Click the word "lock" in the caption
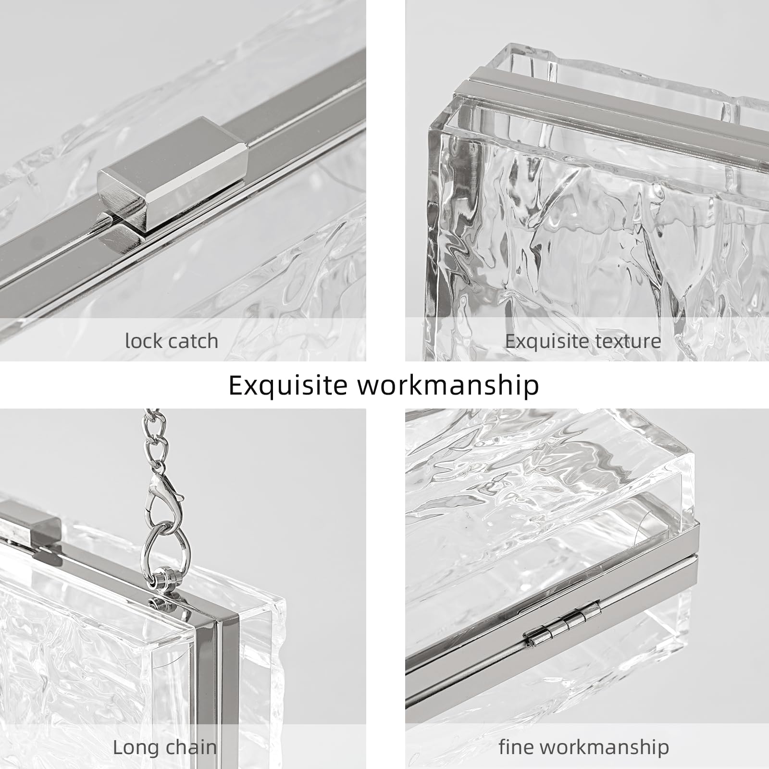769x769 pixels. click(143, 341)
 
